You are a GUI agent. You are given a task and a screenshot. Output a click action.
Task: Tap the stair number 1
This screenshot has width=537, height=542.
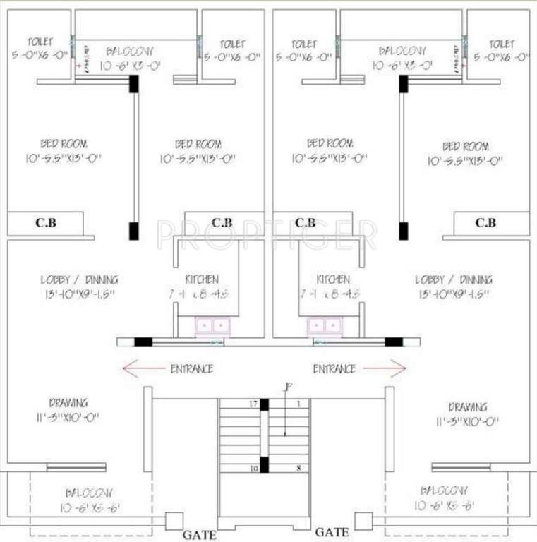point(298,404)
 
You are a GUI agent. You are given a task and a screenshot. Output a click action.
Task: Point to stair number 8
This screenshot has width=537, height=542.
point(299,468)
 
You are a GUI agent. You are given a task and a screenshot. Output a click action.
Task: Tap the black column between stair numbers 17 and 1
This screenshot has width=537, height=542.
point(265,404)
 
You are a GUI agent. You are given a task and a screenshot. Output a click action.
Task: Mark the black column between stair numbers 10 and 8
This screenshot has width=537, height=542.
point(265,464)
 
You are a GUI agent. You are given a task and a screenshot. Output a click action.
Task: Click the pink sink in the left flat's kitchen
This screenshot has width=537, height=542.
point(212,326)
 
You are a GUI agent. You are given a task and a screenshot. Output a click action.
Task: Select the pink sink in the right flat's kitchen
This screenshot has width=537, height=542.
point(324,326)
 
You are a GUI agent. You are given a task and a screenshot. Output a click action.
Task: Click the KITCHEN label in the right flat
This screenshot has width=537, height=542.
point(333,279)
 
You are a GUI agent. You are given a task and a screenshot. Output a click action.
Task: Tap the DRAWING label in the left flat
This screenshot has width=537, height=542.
point(68,403)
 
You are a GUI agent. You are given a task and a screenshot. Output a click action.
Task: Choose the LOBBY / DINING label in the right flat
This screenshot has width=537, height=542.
point(454,279)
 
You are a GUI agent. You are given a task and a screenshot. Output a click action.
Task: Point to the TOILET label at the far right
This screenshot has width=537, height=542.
point(502,44)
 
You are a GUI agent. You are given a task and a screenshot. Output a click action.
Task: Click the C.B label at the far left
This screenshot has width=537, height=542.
point(46,223)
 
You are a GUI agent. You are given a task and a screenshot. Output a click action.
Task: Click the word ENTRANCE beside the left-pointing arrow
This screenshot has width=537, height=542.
point(191,368)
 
